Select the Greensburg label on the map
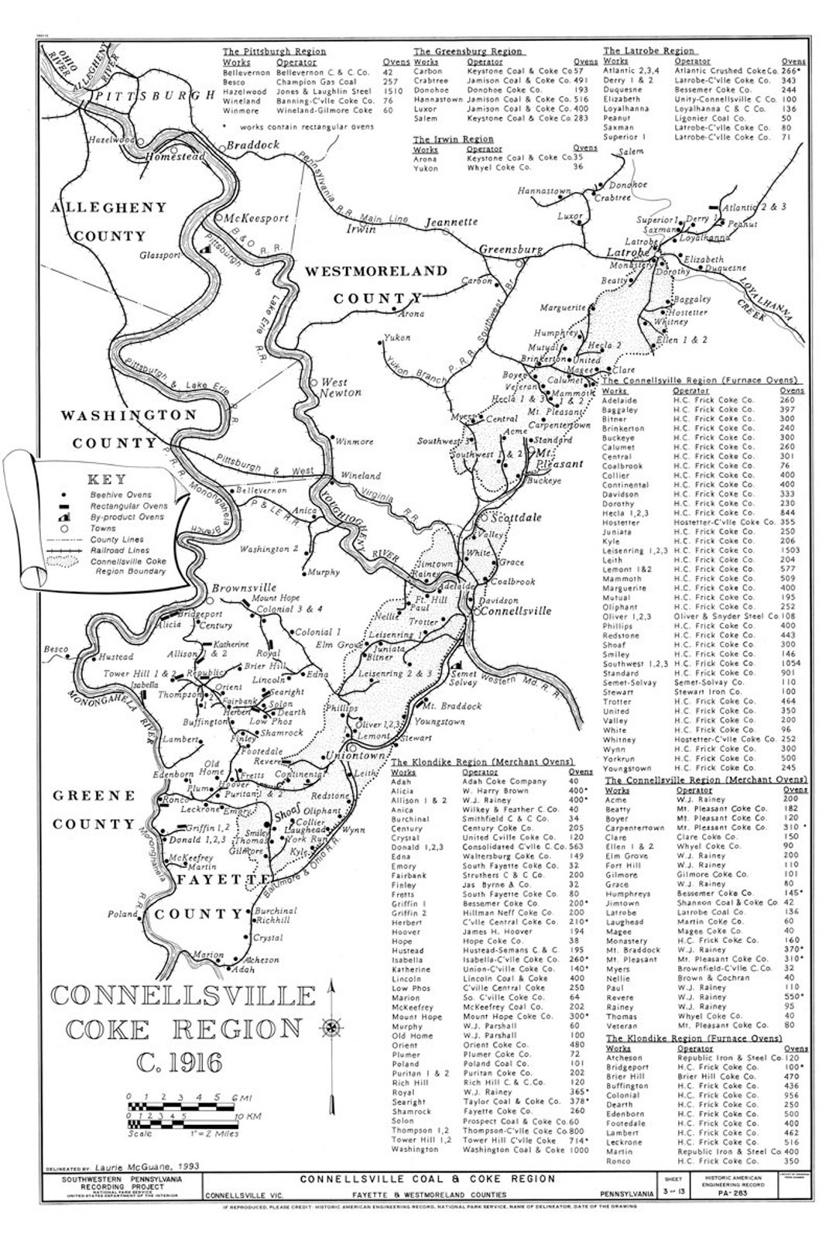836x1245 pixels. (512, 250)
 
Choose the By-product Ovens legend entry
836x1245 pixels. (126, 517)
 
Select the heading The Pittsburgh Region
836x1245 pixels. (274, 52)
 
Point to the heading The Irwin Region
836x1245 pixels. (453, 139)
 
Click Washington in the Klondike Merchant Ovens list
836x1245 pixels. (415, 1149)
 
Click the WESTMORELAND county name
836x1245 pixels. (375, 271)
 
